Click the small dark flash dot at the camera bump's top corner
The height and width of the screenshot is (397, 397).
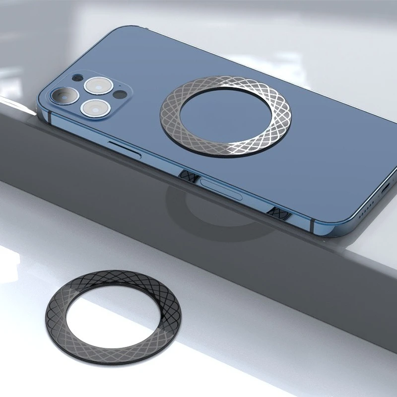click(x=76, y=78)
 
